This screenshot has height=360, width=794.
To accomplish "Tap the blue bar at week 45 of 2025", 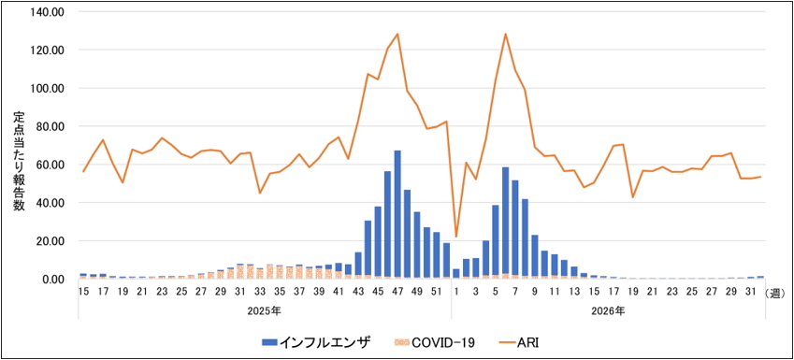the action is tap(378, 241).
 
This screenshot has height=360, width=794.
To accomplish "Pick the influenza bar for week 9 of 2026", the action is tap(535, 255).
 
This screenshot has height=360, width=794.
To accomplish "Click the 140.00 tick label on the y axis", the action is tap(47, 11).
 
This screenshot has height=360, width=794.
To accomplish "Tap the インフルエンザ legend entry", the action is tap(317, 343).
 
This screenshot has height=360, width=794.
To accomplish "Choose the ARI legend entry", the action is tap(521, 343).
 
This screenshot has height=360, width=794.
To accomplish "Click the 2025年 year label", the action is tap(265, 310).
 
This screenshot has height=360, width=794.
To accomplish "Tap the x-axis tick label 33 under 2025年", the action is tap(260, 292).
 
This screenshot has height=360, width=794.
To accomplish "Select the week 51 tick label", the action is tap(437, 292).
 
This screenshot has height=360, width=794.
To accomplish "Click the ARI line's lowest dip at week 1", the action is tap(456, 237).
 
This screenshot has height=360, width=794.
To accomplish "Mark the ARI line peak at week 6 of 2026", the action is tap(505, 34).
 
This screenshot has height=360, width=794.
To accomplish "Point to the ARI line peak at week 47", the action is tap(397, 34).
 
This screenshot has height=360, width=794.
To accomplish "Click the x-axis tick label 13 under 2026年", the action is tap(574, 292).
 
